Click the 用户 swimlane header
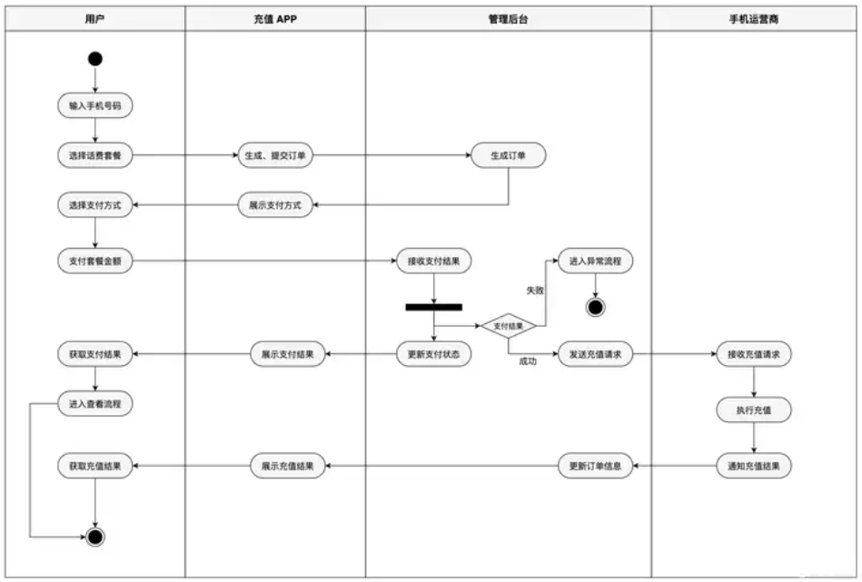(94, 19)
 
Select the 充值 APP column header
(275, 19)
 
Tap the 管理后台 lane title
(508, 19)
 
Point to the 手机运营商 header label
(753, 19)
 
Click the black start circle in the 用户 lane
(95, 59)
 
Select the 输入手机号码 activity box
(95, 105)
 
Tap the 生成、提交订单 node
(275, 155)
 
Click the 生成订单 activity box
(508, 155)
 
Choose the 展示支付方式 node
(275, 205)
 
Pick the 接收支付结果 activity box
(434, 261)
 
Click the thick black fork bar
(434, 307)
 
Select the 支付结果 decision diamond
(508, 326)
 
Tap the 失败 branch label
(535, 291)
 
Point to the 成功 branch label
(528, 361)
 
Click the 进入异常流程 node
(595, 261)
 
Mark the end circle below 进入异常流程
(595, 307)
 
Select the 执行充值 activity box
(754, 410)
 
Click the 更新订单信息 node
(595, 466)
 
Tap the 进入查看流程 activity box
(95, 404)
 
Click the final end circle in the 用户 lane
(95, 537)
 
